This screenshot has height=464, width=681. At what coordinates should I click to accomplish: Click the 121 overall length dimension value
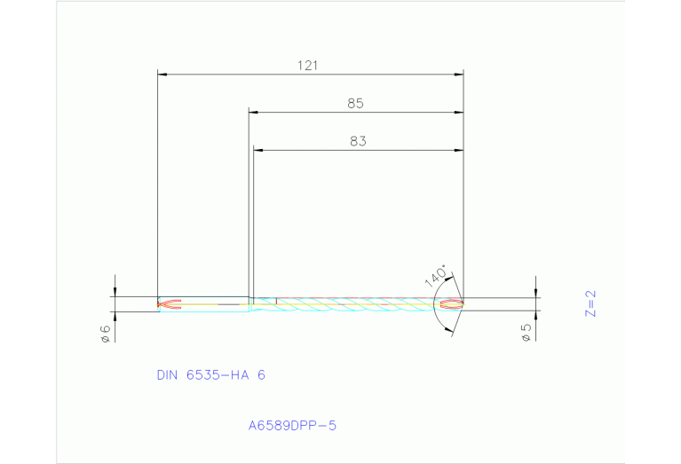308,66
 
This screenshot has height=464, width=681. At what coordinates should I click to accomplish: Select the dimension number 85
355,104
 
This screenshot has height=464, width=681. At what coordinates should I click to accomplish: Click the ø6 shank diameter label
105,333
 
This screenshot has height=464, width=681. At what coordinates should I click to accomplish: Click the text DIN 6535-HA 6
210,375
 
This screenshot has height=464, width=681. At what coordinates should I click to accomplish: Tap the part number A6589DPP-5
292,426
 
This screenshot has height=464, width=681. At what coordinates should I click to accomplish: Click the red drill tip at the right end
451,304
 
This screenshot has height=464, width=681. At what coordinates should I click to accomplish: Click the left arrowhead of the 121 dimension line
162,75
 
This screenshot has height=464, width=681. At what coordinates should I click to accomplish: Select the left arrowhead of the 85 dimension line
253,113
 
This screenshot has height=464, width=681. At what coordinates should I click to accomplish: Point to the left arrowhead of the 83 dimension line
258,150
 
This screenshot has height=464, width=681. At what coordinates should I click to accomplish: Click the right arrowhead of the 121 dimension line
459,75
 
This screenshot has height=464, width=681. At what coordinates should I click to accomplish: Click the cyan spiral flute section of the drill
355,304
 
